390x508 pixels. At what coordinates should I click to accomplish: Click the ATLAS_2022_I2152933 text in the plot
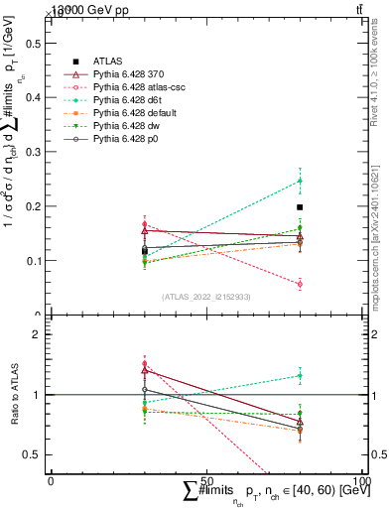[206, 296]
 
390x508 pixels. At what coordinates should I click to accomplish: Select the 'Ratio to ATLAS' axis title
[12, 394]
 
